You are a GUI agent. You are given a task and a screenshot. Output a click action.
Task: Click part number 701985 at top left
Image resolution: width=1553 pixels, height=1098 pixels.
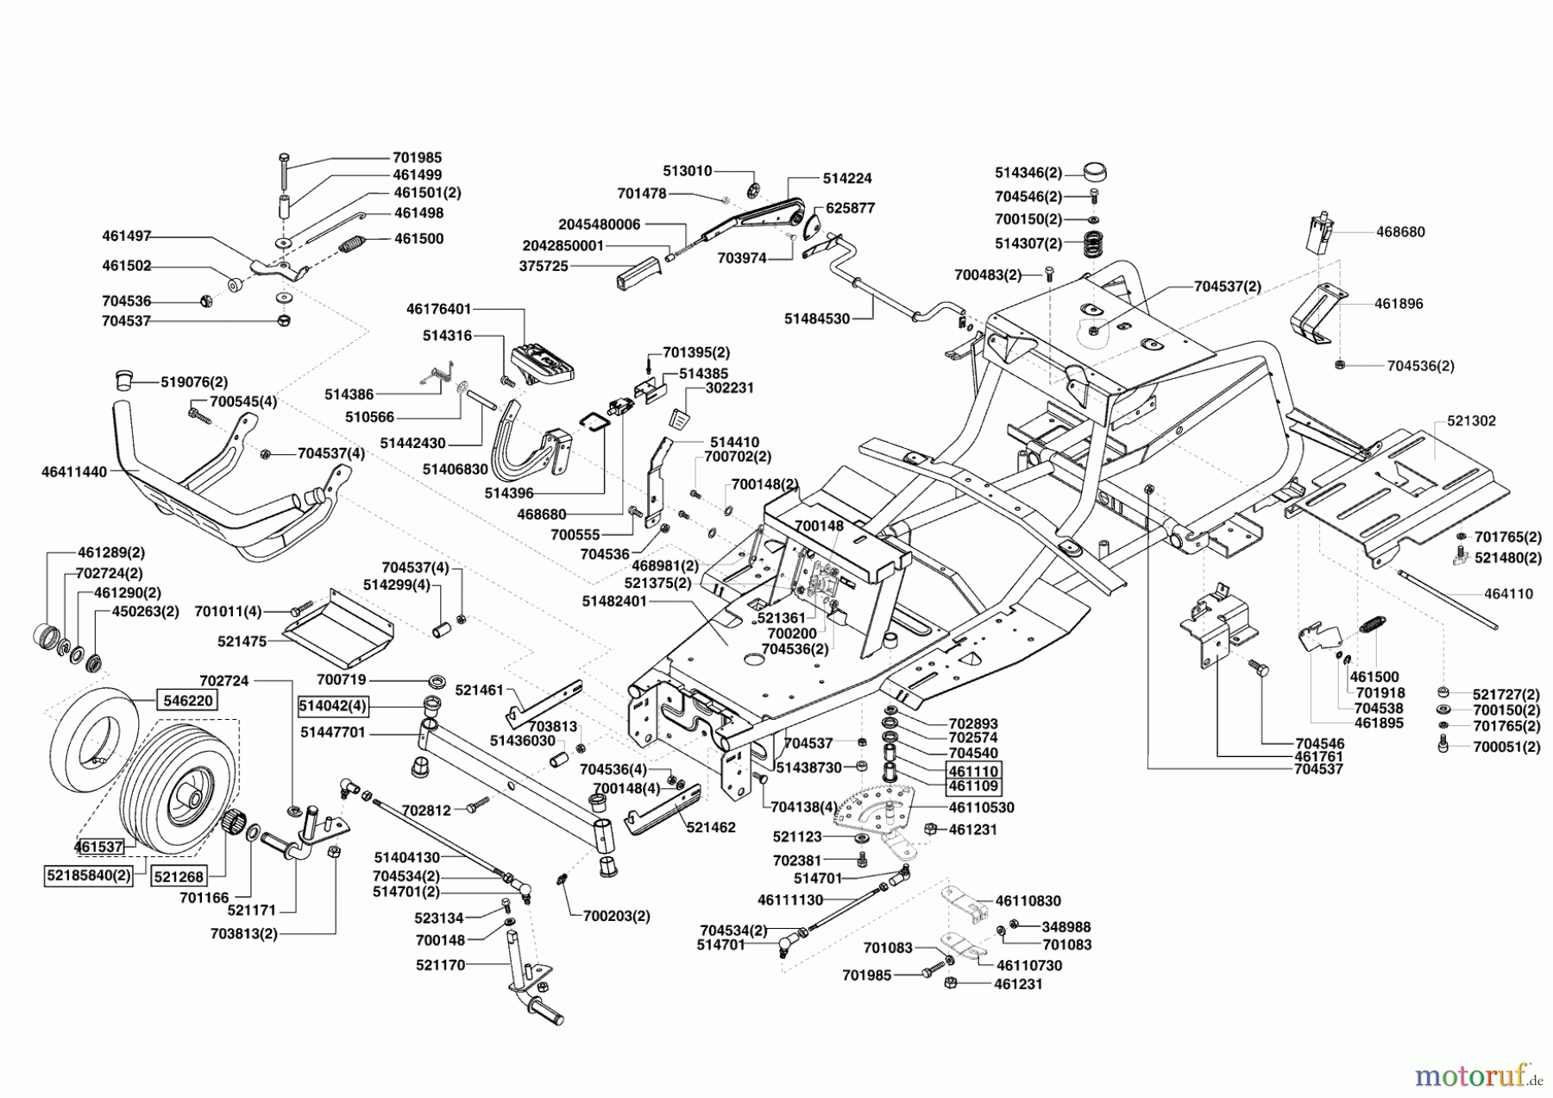[417, 157]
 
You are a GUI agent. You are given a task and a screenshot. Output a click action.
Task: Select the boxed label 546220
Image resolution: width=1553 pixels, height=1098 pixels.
[187, 700]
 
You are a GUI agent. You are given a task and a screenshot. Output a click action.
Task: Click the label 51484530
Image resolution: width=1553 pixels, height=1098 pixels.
[816, 319]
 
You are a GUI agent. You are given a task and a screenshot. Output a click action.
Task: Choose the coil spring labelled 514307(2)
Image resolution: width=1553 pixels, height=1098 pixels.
[1093, 245]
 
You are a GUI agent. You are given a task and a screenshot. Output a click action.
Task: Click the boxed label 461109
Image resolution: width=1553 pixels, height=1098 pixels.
[973, 786]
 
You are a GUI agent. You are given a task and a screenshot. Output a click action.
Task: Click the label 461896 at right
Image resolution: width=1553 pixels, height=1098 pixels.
[1399, 303]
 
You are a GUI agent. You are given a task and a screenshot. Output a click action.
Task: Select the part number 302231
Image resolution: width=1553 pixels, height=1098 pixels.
[729, 388]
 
